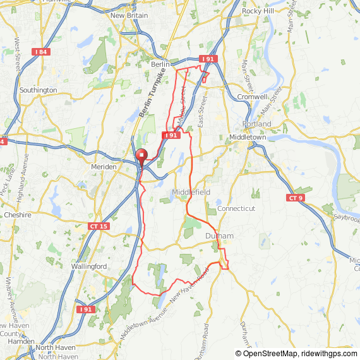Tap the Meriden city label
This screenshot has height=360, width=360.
pyautogui.click(x=104, y=167)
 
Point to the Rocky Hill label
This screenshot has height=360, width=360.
pyautogui.click(x=260, y=11)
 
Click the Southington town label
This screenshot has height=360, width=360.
pyautogui.click(x=38, y=90)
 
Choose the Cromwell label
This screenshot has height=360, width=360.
pyautogui.click(x=253, y=97)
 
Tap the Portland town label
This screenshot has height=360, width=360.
pyautogui.click(x=256, y=124)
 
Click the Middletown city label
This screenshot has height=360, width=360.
pyautogui.click(x=248, y=136)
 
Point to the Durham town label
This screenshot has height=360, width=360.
pyautogui.click(x=220, y=236)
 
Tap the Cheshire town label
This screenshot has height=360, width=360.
pyautogui.click(x=17, y=215)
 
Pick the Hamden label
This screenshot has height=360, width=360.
pyautogui.click(x=21, y=341)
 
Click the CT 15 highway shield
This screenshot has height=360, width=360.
pyautogui.click(x=99, y=225)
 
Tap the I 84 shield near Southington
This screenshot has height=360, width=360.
pyautogui.click(x=41, y=51)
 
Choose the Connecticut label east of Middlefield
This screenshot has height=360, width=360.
pyautogui.click(x=236, y=208)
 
